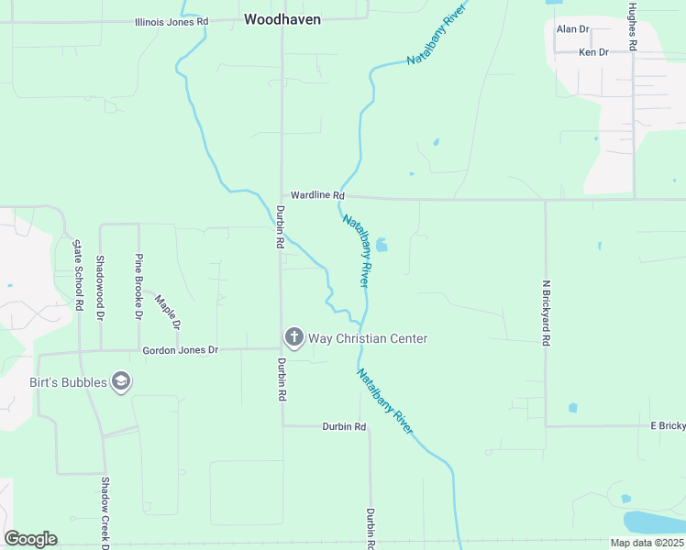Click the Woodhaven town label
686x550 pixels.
(x=282, y=18)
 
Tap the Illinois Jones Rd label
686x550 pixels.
(x=171, y=21)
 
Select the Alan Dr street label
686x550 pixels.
(x=572, y=29)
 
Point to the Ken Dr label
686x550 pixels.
(x=593, y=52)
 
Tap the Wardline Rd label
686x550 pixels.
(x=317, y=195)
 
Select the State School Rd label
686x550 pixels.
(x=78, y=275)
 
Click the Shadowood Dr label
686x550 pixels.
(x=101, y=287)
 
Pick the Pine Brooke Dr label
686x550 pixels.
(x=138, y=286)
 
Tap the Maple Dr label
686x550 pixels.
(x=168, y=312)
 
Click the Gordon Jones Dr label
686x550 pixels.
(x=180, y=350)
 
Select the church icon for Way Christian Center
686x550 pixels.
(x=293, y=338)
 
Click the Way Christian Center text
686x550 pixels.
(x=368, y=338)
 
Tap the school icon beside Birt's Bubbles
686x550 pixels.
(x=120, y=381)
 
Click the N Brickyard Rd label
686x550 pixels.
(x=545, y=313)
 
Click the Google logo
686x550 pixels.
(x=30, y=538)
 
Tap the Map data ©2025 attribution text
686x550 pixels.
(x=646, y=543)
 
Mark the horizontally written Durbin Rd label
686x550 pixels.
(x=344, y=427)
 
